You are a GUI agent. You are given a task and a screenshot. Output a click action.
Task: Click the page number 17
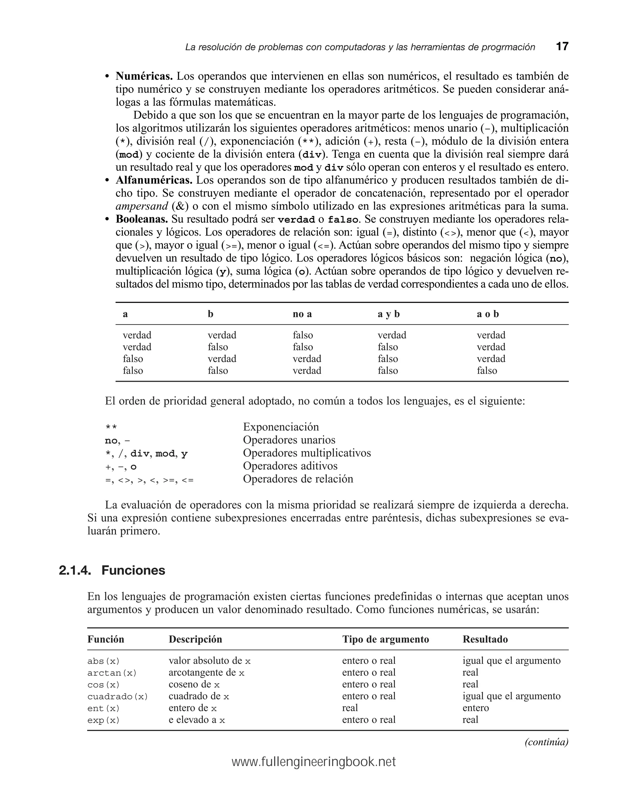click(562, 46)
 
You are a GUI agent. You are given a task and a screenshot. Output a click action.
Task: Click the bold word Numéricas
click(144, 76)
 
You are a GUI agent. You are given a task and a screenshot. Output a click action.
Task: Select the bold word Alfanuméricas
click(154, 180)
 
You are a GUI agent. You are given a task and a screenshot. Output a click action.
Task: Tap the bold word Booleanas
click(142, 219)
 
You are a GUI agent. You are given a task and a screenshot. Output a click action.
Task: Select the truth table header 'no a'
click(302, 314)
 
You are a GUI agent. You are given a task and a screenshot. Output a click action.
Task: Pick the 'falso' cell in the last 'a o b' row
click(487, 370)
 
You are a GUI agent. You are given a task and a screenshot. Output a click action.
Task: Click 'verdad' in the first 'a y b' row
click(392, 335)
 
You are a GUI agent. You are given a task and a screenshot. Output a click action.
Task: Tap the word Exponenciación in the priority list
click(281, 427)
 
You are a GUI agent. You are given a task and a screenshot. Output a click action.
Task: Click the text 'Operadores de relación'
click(298, 479)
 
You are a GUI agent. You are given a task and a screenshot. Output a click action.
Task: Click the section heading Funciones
click(133, 570)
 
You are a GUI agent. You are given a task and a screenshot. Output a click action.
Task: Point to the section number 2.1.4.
click(75, 570)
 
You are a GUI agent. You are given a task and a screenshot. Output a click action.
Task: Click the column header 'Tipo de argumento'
click(385, 639)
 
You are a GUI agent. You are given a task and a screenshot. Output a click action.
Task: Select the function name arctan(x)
click(112, 673)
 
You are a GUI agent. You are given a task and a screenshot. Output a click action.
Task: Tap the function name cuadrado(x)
click(117, 697)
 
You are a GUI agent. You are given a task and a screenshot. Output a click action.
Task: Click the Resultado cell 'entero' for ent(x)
click(475, 708)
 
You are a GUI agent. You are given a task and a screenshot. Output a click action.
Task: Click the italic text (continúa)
click(546, 742)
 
